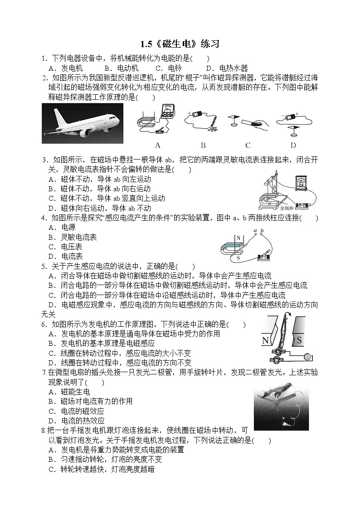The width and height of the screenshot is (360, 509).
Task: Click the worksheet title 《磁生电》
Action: tap(181, 44)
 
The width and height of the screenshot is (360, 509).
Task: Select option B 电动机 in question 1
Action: tap(121, 68)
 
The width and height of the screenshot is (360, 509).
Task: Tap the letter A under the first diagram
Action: tap(158, 145)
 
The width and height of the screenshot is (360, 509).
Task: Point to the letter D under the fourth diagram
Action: tap(293, 145)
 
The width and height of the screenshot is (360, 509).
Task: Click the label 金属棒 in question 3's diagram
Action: tap(287, 208)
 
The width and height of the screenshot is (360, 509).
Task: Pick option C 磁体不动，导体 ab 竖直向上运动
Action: tap(107, 198)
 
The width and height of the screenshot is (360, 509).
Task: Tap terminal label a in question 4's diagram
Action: tap(256, 231)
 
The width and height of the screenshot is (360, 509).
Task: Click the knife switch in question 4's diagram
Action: tap(262, 256)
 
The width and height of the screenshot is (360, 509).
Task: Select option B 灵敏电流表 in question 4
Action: tap(73, 237)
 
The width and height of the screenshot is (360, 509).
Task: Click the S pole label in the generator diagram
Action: tap(299, 340)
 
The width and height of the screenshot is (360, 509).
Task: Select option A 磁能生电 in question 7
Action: tap(69, 392)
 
